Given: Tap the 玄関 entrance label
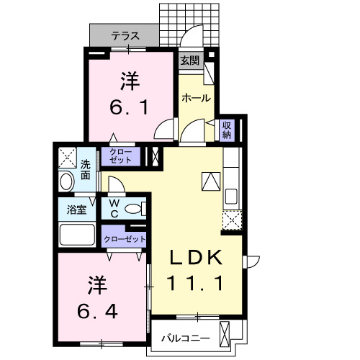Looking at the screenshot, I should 190,61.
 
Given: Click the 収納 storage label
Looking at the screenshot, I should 226,129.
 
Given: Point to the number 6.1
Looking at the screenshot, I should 130,95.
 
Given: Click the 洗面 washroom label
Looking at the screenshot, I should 85,168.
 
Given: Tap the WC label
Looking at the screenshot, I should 114,209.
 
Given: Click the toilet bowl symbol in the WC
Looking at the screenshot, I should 134,210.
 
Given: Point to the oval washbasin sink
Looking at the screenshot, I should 65,181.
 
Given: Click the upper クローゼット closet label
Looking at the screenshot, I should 120,156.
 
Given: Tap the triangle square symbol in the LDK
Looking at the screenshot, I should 210,181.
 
